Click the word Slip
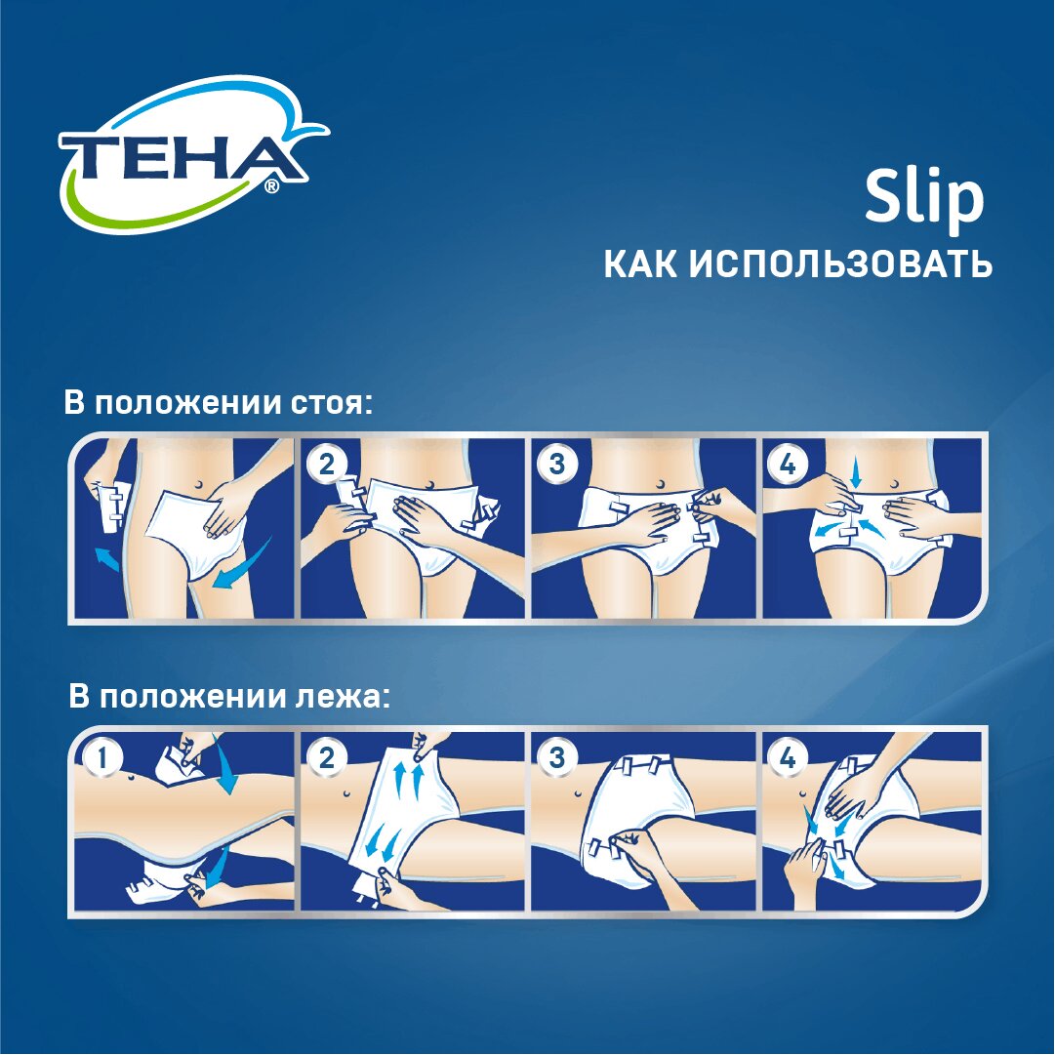[x=923, y=198]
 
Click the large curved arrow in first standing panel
[x=241, y=568]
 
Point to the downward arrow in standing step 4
[x=855, y=476]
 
